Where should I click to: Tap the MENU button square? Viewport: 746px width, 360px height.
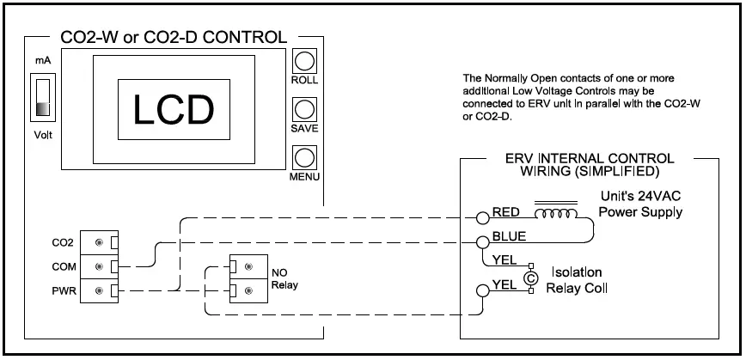(304, 159)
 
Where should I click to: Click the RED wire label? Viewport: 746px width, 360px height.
(505, 213)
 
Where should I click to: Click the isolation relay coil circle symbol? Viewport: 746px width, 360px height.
(530, 278)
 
